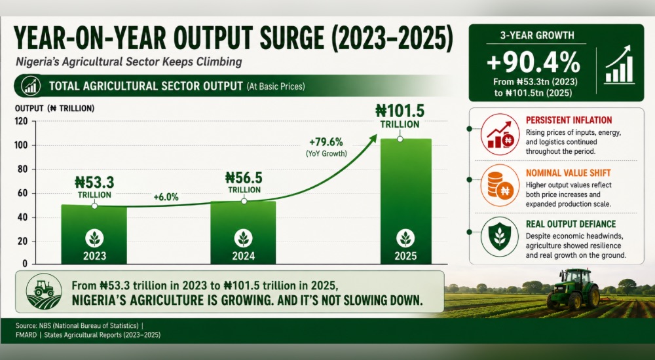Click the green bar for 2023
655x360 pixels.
click(94, 234)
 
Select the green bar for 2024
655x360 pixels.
click(243, 232)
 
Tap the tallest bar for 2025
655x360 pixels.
click(405, 202)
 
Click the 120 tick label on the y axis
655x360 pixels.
click(22, 122)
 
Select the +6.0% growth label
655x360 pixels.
click(166, 197)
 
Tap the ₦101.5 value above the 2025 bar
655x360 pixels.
click(400, 111)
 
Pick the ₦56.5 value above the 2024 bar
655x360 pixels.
click(244, 178)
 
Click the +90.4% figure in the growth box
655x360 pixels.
click(533, 63)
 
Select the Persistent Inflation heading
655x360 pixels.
click(569, 120)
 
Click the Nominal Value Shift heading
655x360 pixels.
click(568, 173)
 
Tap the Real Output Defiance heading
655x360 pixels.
click(571, 225)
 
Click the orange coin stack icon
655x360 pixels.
click(500, 186)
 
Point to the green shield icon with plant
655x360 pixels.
click(500, 237)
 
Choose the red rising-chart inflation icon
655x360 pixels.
click(500, 134)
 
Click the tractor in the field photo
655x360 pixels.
click(573, 289)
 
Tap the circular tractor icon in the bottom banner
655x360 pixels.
click(44, 291)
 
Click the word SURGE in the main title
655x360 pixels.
click(291, 38)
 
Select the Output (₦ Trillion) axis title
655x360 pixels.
click(55, 109)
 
